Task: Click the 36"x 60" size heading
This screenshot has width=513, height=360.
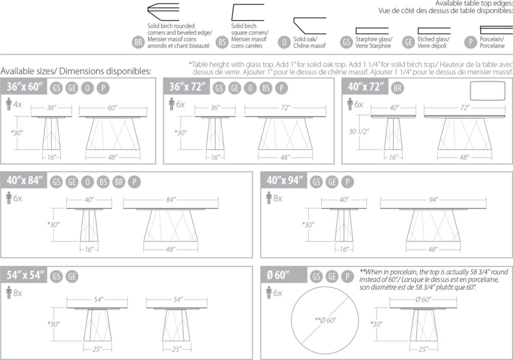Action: (24, 87)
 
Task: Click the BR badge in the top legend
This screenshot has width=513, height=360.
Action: (138, 43)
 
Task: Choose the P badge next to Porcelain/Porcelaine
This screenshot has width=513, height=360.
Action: (470, 43)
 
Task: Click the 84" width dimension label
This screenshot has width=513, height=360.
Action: (171, 200)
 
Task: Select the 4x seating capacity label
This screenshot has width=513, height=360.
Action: (17, 105)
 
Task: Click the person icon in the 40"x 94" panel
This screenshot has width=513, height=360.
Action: (269, 198)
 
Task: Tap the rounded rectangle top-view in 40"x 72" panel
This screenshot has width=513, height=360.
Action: (487, 93)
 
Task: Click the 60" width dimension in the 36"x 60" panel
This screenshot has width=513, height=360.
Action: (112, 108)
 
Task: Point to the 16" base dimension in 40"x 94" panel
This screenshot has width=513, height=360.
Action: (344, 249)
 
